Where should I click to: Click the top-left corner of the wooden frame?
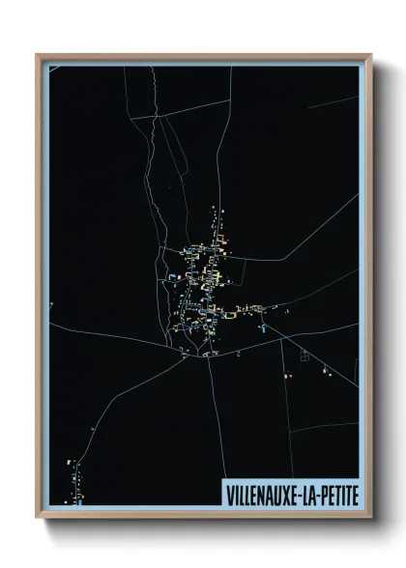tap(38, 56)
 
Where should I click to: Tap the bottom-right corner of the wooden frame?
tap(370, 516)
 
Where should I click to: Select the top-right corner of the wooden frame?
tap(370, 56)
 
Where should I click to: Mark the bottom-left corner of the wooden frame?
tap(38, 516)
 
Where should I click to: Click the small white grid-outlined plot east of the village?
tap(305, 355)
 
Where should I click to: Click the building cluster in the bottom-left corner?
tap(73, 478)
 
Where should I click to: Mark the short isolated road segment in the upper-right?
tap(333, 100)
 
